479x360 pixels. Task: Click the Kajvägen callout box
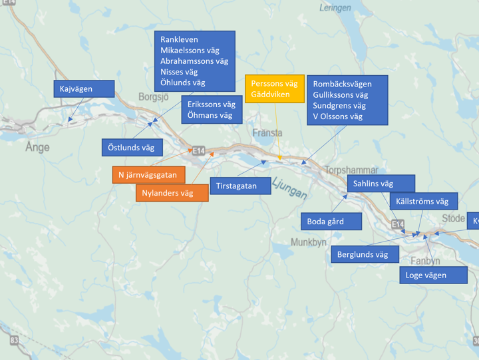(84, 89)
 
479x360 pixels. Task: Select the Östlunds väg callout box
(131, 147)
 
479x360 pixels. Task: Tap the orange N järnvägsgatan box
(147, 176)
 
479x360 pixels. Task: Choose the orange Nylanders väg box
(172, 193)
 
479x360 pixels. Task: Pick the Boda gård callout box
(330, 221)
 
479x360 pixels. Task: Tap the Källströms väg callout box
(422, 201)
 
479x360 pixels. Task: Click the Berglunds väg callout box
(364, 254)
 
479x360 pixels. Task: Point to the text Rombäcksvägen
(342, 85)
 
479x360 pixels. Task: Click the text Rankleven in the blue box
(179, 40)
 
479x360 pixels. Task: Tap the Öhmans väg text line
(210, 115)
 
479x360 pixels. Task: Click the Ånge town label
(37, 148)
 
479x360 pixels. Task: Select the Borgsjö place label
(154, 96)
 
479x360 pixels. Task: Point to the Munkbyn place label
(308, 243)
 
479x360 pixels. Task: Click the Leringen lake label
(335, 7)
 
